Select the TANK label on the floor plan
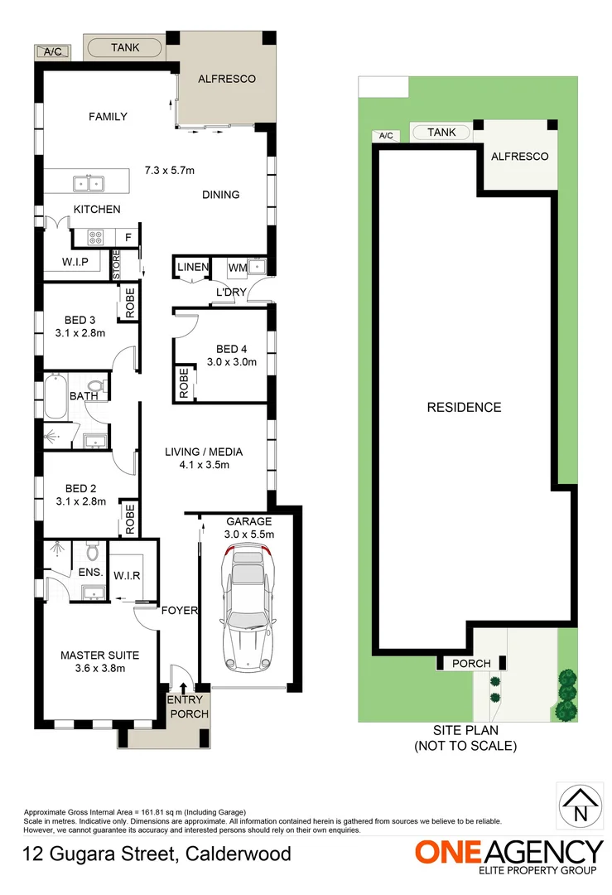point(125,48)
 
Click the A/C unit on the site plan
point(385,136)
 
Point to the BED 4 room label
point(232,348)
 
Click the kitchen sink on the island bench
point(86,182)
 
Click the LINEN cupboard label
point(191,267)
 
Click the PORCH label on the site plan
point(471,663)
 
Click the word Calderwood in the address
point(239,854)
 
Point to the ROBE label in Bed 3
point(131,302)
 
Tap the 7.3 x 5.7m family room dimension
point(169,171)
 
